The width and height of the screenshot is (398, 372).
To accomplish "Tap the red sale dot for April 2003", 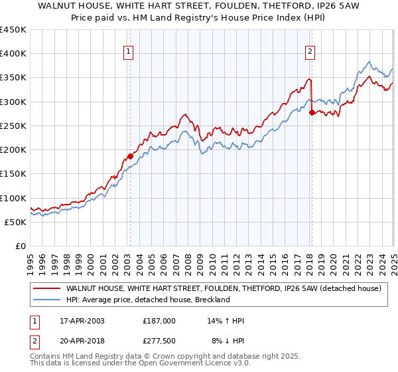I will [130, 157].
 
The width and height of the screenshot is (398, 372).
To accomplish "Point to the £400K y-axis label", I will [13, 54].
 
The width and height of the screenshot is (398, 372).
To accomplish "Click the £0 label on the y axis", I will [20, 246].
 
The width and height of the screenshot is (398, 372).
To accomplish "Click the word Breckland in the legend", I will [212, 300].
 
